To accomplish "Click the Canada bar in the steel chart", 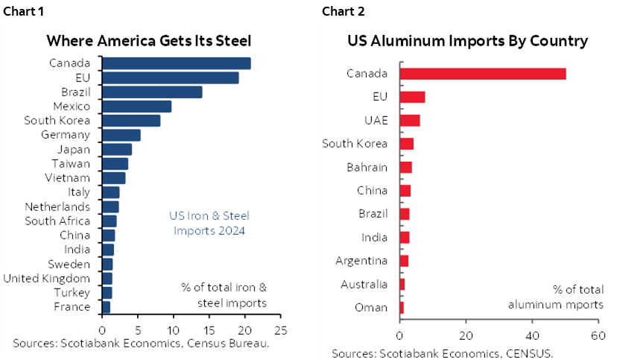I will coord(176,63).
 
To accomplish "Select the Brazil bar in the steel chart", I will coord(152,92).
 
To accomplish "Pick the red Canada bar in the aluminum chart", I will coord(483,73).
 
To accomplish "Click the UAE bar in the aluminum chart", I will coord(410,121).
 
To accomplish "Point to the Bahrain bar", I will coord(406,167).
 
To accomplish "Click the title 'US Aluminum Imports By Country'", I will coord(467,41).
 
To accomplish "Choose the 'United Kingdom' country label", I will coord(47,278).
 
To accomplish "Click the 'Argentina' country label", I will coord(361,261).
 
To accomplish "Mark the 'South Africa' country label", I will coord(57,221).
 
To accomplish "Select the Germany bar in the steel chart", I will coord(121,135).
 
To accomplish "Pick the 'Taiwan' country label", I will coord(71,163).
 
